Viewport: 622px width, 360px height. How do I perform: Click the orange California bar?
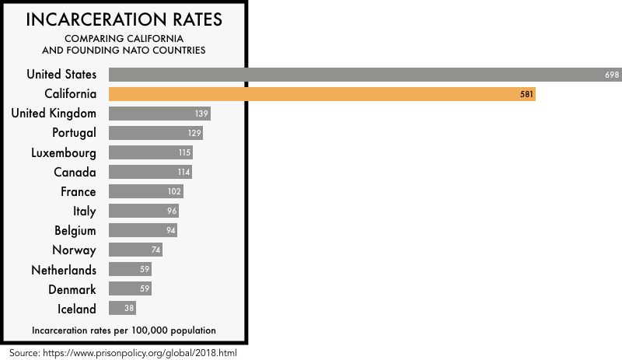point(322,94)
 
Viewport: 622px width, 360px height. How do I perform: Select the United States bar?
point(365,75)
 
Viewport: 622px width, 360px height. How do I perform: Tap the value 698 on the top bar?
point(611,75)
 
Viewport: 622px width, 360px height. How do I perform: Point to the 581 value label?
point(525,94)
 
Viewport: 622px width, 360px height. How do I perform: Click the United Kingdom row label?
point(54,114)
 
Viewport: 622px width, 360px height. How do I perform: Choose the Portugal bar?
point(155,133)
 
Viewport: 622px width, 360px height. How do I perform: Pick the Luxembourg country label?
point(64,152)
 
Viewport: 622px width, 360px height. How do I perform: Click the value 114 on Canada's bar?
point(183,172)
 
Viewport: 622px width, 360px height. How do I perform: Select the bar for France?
point(145,191)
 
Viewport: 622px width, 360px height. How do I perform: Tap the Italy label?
point(83,211)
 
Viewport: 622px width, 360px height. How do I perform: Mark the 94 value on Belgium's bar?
point(171,230)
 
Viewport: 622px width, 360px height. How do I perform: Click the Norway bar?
point(135,250)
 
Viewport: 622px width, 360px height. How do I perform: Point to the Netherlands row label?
point(64,270)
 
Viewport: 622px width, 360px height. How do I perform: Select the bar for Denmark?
point(130,289)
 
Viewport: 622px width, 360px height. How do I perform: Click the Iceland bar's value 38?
point(129,309)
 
